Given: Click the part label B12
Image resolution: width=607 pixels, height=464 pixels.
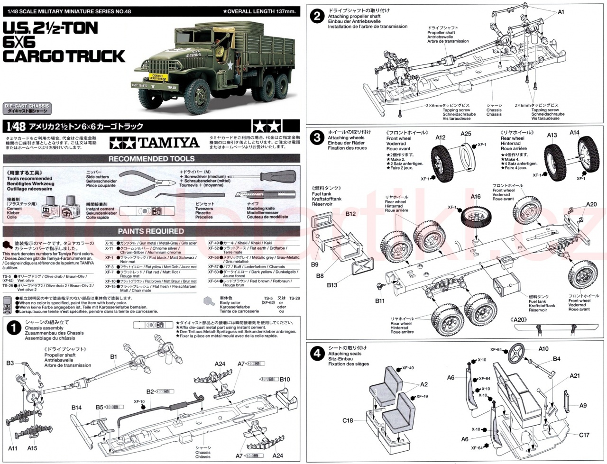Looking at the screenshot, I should pyautogui.click(x=350, y=214).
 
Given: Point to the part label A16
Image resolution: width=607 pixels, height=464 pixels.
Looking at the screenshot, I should pyautogui.click(x=476, y=197).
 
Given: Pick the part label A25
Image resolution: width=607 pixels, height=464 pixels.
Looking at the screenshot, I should pyautogui.click(x=466, y=134).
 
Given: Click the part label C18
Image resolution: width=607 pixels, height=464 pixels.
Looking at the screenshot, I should pyautogui.click(x=348, y=420).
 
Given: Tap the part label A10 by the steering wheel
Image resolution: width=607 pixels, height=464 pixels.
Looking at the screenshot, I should pyautogui.click(x=543, y=348).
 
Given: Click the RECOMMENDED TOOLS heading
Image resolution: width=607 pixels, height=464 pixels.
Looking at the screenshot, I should pyautogui.click(x=152, y=159).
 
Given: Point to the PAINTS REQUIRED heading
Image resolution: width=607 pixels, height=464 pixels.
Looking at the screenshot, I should pyautogui.click(x=151, y=231).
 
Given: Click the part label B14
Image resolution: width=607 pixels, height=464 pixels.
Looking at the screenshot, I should pyautogui.click(x=77, y=407).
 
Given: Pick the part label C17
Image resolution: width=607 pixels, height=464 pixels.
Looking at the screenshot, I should pyautogui.click(x=584, y=435).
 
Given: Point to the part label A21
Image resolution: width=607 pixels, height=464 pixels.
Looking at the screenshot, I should pyautogui.click(x=575, y=375).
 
